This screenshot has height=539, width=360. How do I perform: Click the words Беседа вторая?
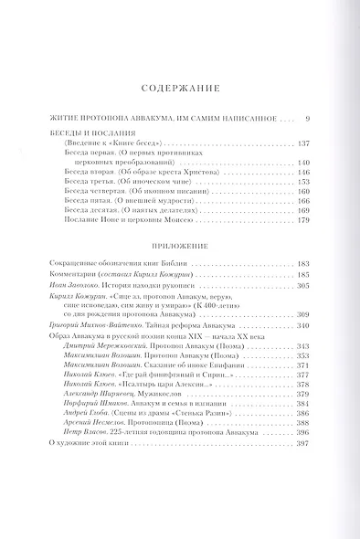point(90,172)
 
